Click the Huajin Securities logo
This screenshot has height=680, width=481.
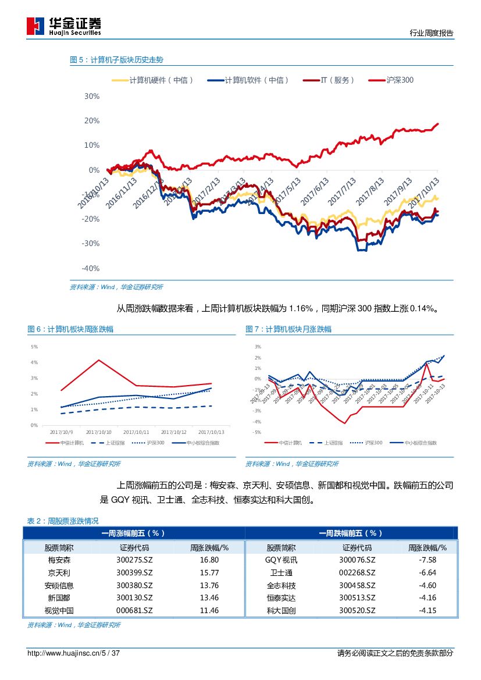point(65,26)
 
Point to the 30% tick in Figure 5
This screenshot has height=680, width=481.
point(91,96)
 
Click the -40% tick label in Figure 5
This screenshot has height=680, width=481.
point(90,268)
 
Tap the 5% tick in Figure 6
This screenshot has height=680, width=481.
point(34,347)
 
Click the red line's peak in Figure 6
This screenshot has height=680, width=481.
point(99,359)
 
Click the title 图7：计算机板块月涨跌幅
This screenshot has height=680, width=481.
point(288,329)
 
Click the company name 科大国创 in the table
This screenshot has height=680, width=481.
point(281,611)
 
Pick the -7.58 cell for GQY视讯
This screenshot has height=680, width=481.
point(427,560)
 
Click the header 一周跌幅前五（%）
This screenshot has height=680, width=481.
point(351,533)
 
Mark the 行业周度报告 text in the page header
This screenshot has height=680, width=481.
point(432,33)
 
